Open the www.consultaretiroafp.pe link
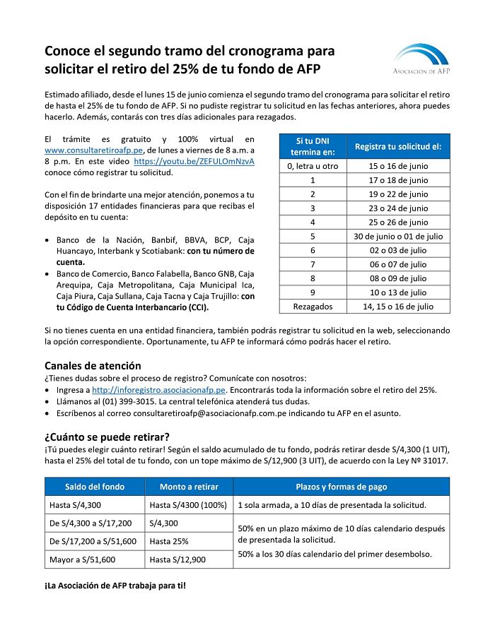[x=94, y=150]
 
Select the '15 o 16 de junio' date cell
[x=398, y=166]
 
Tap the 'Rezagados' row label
[x=313, y=307]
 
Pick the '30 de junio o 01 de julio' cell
[x=398, y=236]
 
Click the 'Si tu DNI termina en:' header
[x=313, y=147]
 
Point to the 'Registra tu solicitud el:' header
[x=398, y=147]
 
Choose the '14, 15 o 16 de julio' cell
[x=398, y=307]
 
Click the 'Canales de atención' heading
[x=93, y=366]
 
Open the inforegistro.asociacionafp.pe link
[x=158, y=390]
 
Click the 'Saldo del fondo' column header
[x=95, y=487]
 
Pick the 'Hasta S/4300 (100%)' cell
[x=188, y=506]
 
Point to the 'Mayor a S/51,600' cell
[x=83, y=559]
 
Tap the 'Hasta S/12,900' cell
[x=177, y=559]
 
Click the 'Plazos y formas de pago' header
[x=342, y=487]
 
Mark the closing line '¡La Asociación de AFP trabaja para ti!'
[x=115, y=586]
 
